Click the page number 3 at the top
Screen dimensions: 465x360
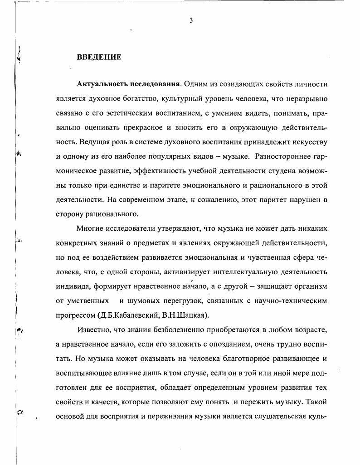click(191, 20)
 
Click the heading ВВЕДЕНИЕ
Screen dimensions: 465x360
click(99, 57)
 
